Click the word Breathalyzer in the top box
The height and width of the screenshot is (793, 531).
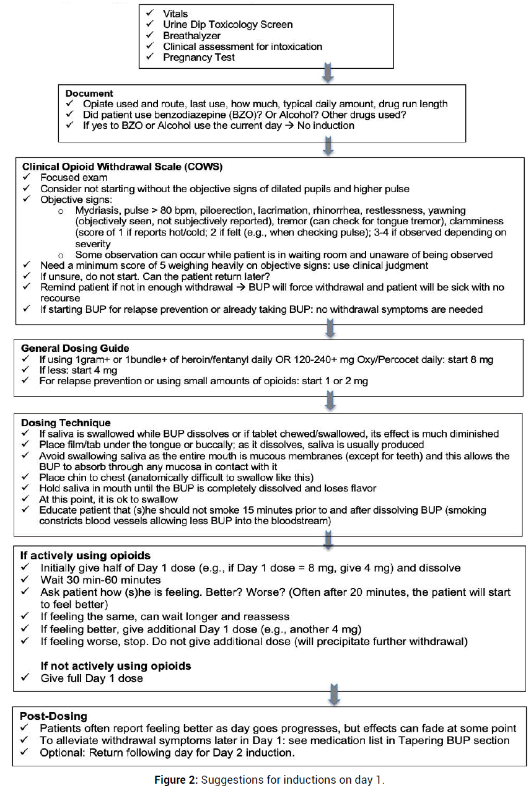click(193, 35)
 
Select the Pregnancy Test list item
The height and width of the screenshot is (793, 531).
click(199, 57)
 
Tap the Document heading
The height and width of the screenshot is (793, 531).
click(89, 94)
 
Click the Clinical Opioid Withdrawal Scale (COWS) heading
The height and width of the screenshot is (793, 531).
click(122, 167)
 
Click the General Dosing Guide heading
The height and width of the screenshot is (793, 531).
click(76, 348)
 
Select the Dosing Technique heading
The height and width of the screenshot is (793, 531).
click(66, 423)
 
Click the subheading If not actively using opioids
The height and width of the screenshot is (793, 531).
click(116, 666)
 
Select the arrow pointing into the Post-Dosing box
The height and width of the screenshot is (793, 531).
click(334, 694)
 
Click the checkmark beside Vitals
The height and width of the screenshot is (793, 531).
click(149, 13)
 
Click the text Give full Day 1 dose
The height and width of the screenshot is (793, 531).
click(92, 678)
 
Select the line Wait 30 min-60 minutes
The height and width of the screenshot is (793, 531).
click(101, 580)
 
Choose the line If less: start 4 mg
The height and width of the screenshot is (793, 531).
click(81, 370)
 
